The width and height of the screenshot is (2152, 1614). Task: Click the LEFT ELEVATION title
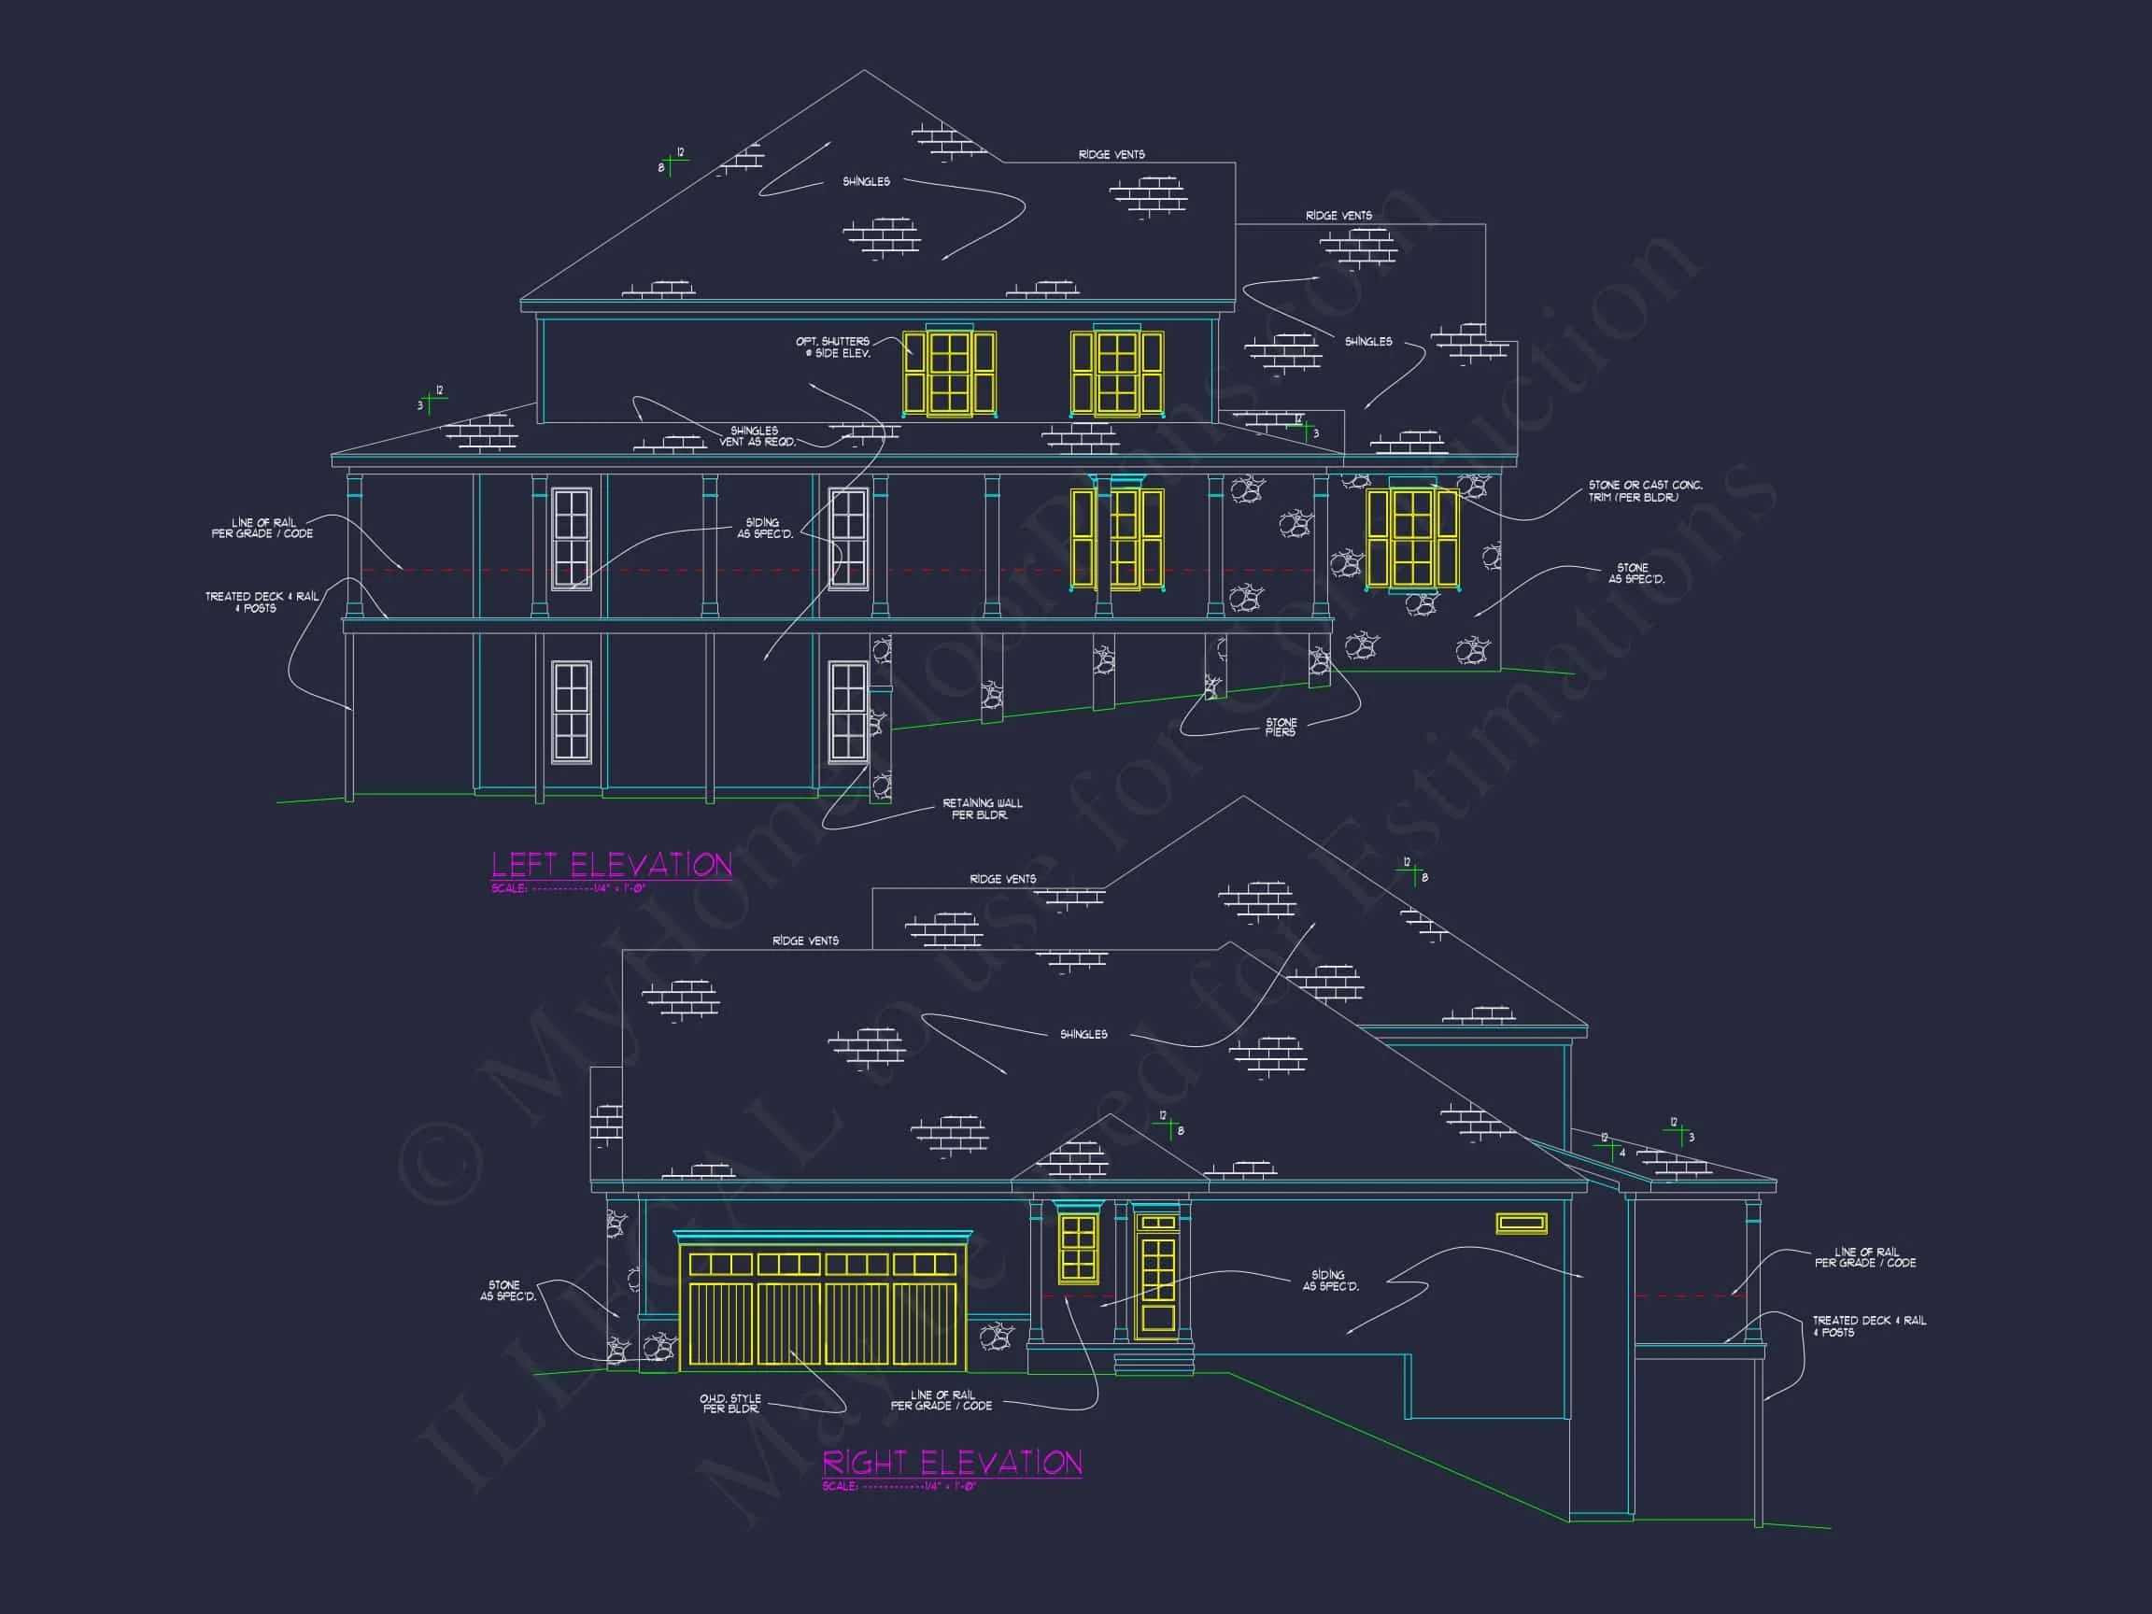pyautogui.click(x=611, y=865)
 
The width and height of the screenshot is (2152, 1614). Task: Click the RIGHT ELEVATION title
pyautogui.click(x=952, y=1463)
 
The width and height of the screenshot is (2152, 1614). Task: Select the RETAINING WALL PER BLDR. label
pyautogui.click(x=982, y=810)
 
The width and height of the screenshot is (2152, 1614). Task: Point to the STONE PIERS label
pyautogui.click(x=1281, y=727)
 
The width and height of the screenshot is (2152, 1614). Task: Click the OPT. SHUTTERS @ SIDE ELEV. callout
pyautogui.click(x=833, y=347)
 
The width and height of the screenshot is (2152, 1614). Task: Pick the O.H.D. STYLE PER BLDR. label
pyautogui.click(x=730, y=1404)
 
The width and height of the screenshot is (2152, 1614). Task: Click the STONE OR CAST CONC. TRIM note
pyautogui.click(x=1645, y=491)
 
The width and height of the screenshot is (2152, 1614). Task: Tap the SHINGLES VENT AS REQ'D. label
pyautogui.click(x=756, y=436)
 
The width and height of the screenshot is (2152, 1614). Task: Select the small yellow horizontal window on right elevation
pyautogui.click(x=1522, y=1224)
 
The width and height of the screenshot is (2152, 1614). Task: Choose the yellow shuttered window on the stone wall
pyautogui.click(x=1411, y=538)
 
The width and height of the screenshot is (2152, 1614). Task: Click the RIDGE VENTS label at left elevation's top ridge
pyautogui.click(x=1111, y=155)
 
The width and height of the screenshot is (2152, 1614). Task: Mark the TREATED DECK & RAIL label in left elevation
pyautogui.click(x=261, y=602)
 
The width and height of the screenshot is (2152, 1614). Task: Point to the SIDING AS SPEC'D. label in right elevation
pyautogui.click(x=1329, y=1281)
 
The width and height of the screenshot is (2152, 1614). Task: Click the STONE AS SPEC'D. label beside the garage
pyautogui.click(x=507, y=1291)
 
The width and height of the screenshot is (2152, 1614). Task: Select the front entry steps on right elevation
pyautogui.click(x=1153, y=1362)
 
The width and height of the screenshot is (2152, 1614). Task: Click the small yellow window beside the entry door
pyautogui.click(x=1078, y=1247)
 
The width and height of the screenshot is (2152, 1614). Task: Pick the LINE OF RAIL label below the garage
pyautogui.click(x=941, y=1400)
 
